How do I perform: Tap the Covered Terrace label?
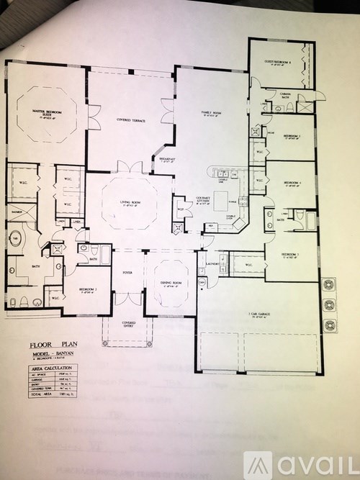132,119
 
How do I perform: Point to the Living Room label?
130,204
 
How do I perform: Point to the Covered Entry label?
128,324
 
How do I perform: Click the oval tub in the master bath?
18,240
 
